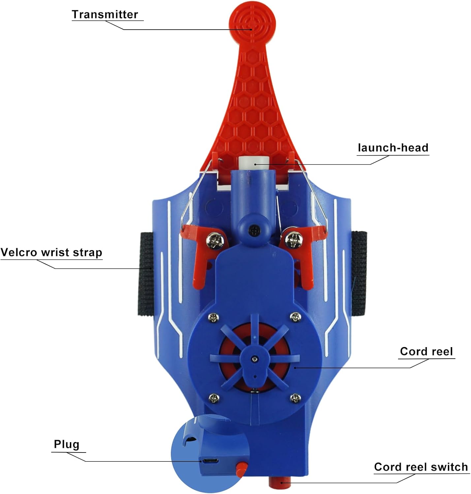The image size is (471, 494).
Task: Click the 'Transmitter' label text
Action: pos(105,14)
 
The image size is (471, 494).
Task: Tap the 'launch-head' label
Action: pos(393,148)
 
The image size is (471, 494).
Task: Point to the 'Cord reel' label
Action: pos(426,351)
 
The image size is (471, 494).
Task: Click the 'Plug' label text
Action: pos(66,445)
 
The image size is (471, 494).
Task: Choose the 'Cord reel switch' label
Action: pos(421,467)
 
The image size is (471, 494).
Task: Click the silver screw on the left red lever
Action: pos(215,241)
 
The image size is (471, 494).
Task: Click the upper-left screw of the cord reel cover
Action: pos(213,318)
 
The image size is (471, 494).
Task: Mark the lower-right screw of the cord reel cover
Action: pos(295,398)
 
